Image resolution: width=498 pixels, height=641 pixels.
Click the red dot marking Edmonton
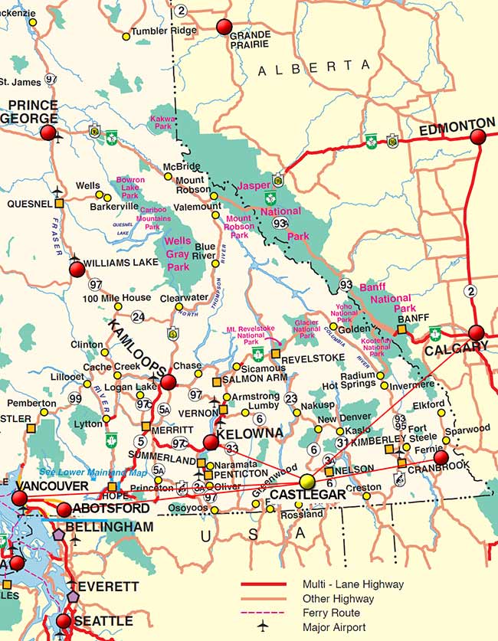(x=478, y=137)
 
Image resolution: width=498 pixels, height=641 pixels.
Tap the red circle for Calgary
(x=477, y=332)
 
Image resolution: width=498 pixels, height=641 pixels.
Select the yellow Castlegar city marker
(x=308, y=481)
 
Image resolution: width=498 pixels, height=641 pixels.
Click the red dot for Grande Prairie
(x=224, y=28)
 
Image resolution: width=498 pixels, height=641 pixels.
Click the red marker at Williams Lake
(x=77, y=269)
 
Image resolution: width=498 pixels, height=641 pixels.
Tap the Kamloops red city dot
(x=169, y=382)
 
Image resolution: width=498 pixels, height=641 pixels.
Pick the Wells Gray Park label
(x=178, y=254)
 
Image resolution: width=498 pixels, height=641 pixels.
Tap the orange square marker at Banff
(x=401, y=329)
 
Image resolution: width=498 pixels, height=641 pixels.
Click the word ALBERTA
(x=314, y=68)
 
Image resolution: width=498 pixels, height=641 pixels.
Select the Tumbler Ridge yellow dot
(x=126, y=36)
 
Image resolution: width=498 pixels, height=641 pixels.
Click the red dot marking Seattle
(x=64, y=621)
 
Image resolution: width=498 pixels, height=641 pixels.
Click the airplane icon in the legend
(x=263, y=626)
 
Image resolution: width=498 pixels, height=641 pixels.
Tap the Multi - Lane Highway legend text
(x=353, y=584)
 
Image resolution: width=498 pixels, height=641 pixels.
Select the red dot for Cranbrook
(x=441, y=458)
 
